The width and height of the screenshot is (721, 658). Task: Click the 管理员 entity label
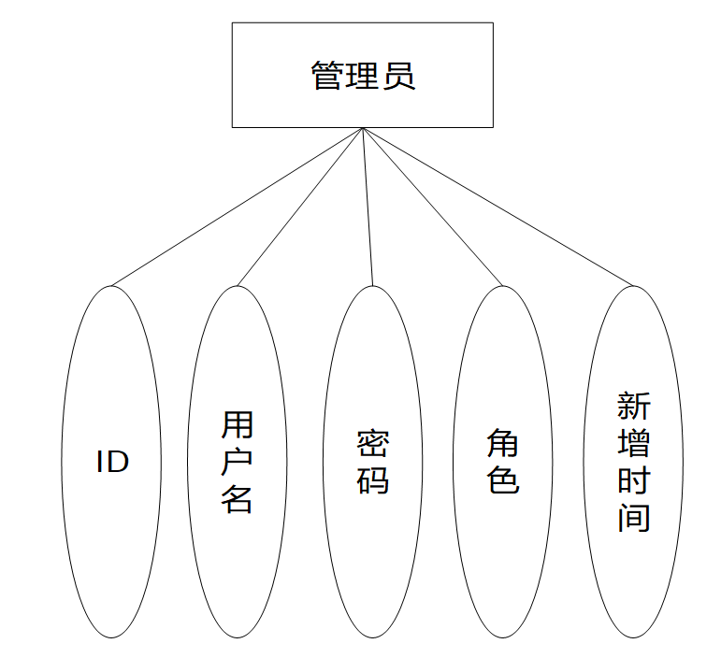[363, 76]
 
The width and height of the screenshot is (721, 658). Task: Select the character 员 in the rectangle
[398, 76]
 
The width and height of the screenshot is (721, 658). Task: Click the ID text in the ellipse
[112, 462]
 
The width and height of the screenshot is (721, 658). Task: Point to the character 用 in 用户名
[238, 425]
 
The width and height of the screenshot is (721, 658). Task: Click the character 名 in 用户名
[238, 498]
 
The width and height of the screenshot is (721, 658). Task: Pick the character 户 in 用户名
[238, 462]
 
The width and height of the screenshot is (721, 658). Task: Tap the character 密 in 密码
[372, 444]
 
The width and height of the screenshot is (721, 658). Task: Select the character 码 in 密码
[372, 479]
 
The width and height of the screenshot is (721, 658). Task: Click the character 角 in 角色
[503, 444]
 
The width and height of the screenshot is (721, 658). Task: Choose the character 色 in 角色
[503, 479]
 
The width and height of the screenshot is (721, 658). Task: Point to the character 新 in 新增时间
[633, 407]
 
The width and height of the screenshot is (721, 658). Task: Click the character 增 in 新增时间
[633, 443]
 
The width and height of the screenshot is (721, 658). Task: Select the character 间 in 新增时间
[633, 516]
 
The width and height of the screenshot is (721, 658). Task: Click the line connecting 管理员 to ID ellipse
[238, 207]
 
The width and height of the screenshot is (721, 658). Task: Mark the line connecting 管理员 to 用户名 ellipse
[300, 207]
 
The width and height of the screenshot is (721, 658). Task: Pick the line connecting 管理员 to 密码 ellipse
[368, 207]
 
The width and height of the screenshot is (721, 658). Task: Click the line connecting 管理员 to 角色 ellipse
[432, 207]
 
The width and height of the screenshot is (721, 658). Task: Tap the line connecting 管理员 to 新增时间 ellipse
[497, 207]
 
